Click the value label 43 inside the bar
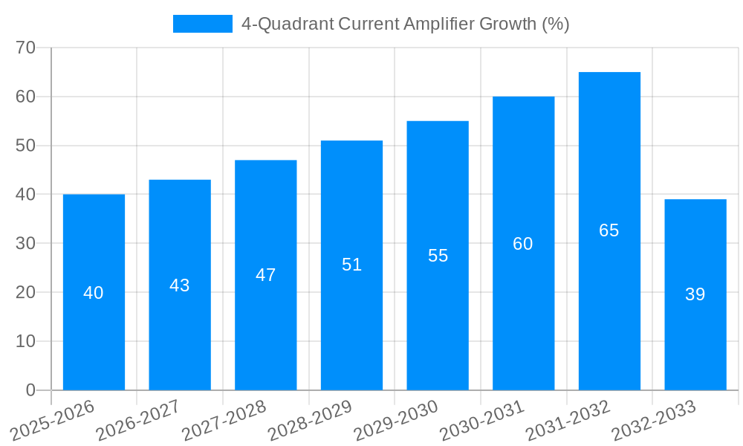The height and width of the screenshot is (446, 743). click(x=180, y=285)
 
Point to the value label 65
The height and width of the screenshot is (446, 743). click(x=609, y=230)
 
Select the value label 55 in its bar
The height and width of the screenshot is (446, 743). click(x=438, y=256)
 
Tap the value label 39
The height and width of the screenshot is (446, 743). click(x=695, y=294)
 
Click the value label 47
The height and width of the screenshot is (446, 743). click(x=266, y=275)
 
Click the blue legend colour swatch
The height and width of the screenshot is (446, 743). click(x=203, y=24)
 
